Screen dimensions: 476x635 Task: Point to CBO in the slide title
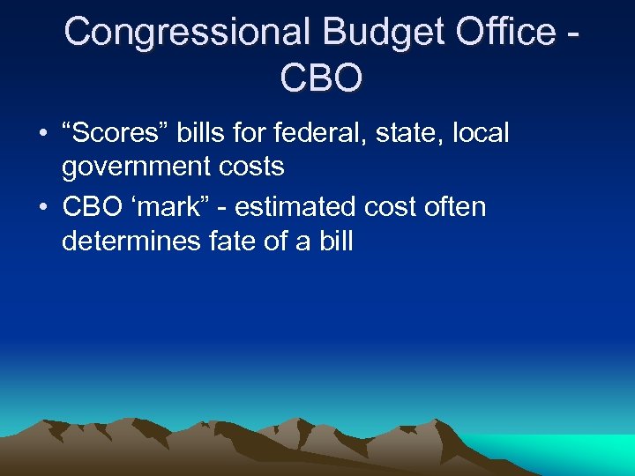tap(321, 78)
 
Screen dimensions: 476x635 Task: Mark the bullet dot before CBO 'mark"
tap(42, 207)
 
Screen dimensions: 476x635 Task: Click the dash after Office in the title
tap(575, 33)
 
